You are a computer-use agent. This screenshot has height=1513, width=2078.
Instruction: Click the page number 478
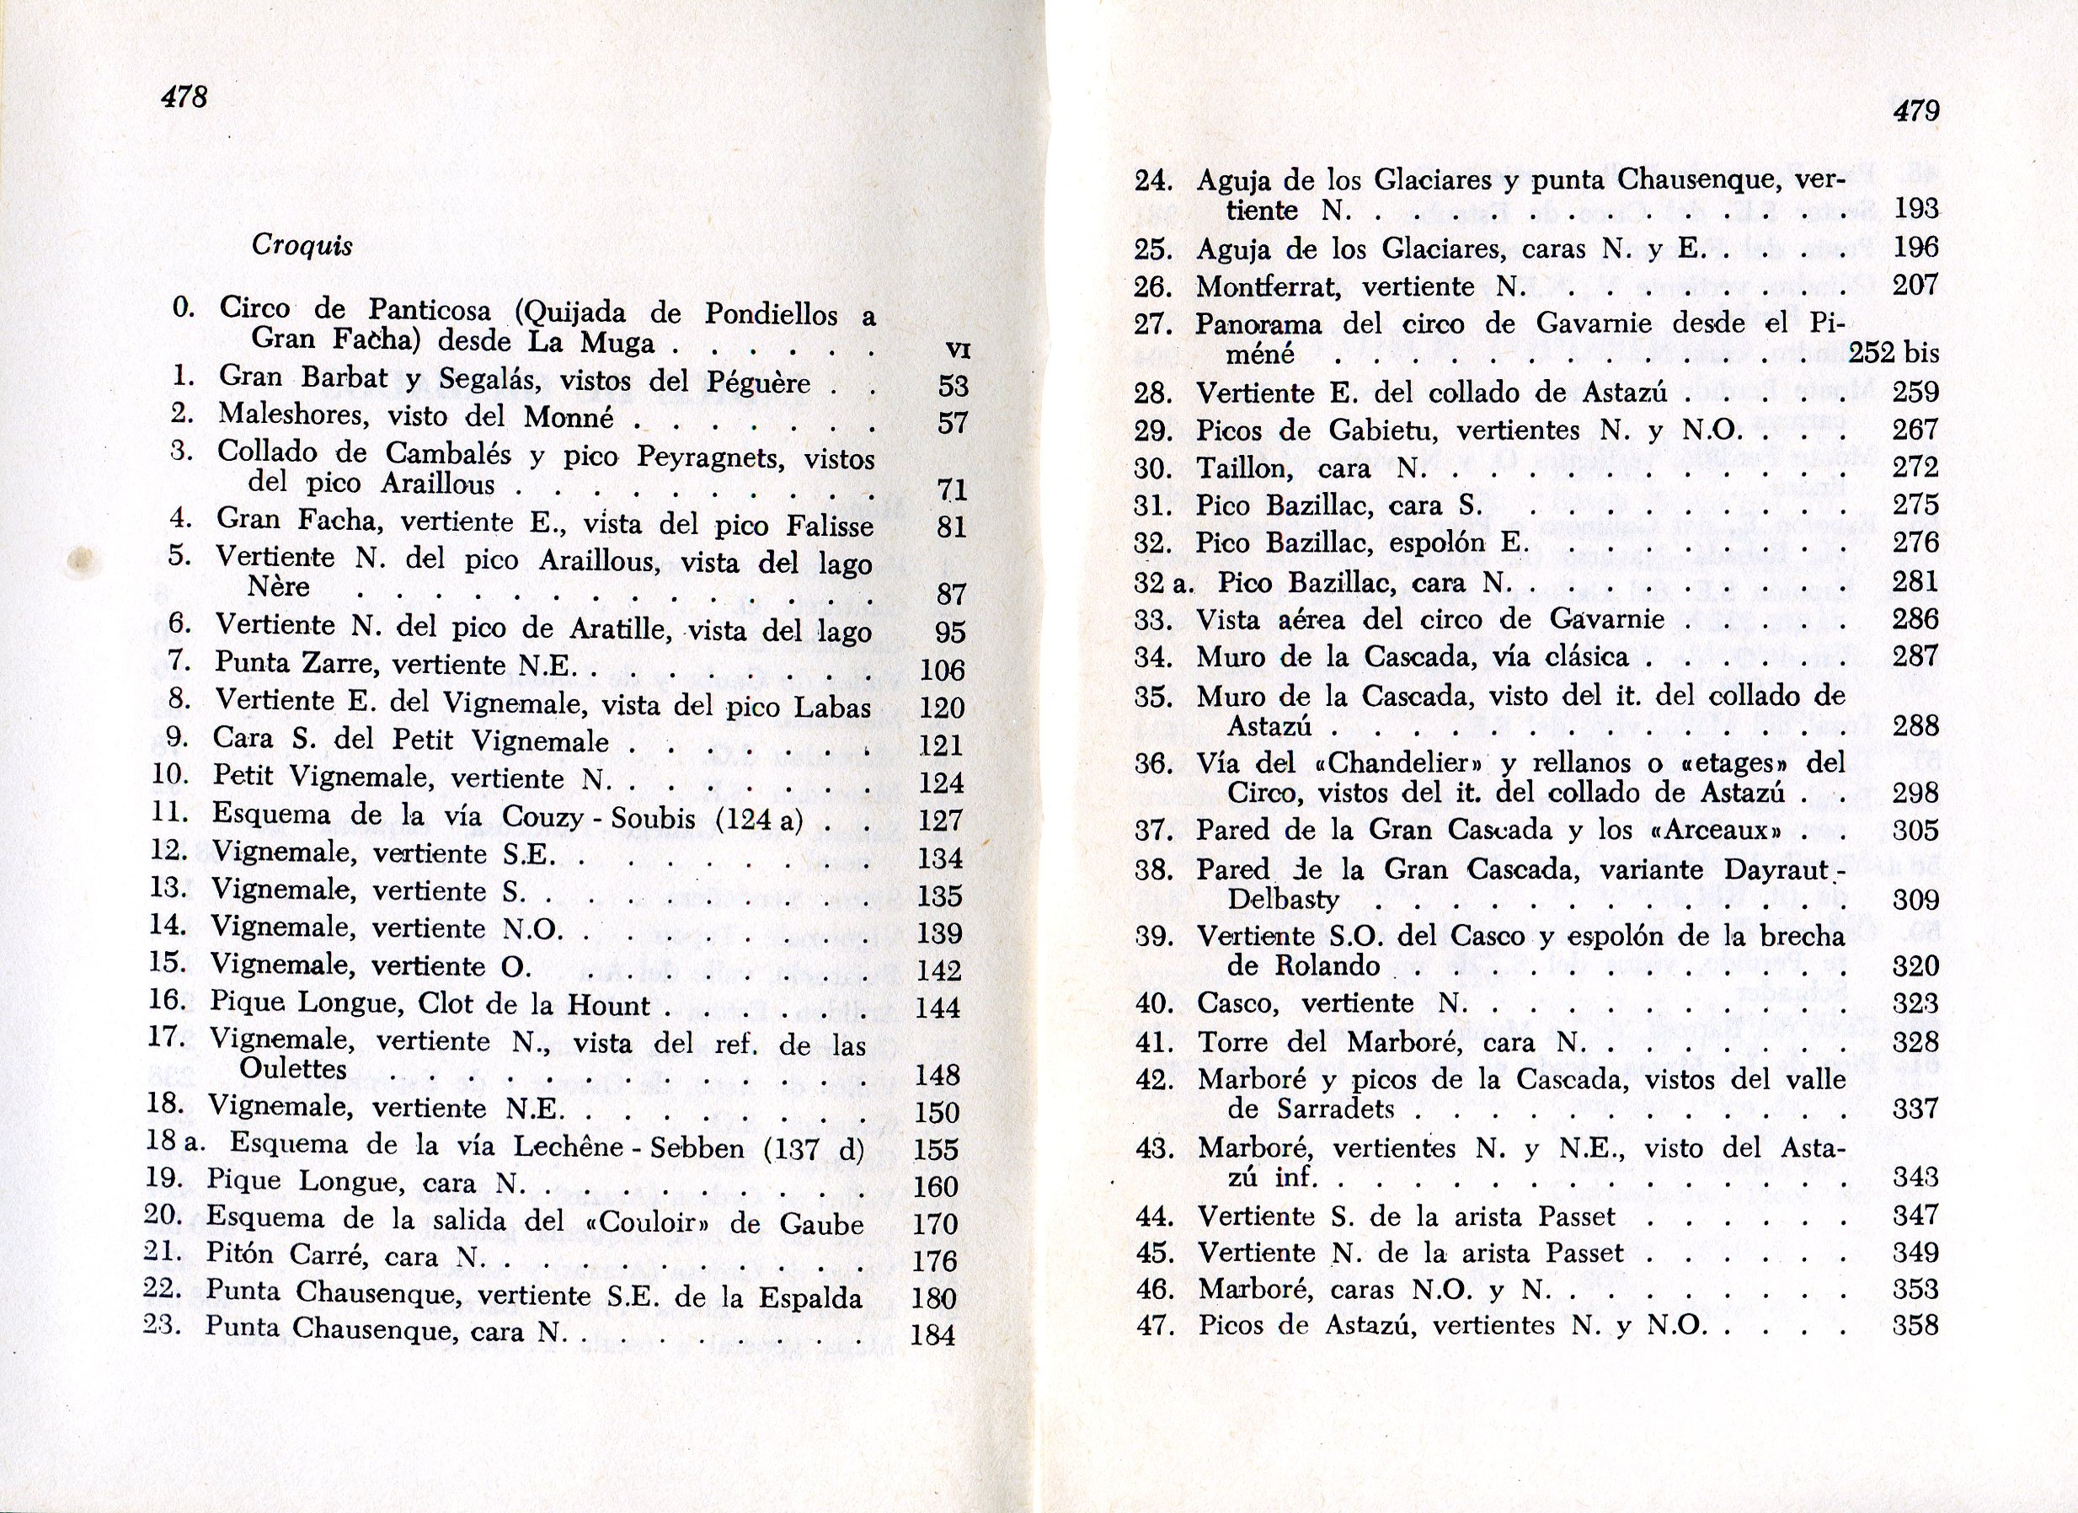(185, 96)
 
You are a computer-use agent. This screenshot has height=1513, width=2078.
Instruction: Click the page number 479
(1915, 111)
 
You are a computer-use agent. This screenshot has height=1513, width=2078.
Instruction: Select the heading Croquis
(302, 246)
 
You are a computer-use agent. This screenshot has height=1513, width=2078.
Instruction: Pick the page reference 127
(939, 821)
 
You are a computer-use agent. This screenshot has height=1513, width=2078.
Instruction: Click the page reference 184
(932, 1335)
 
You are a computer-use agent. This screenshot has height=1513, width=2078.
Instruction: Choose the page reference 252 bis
(1894, 353)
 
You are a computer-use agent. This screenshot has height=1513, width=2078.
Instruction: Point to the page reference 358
(1915, 1326)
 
